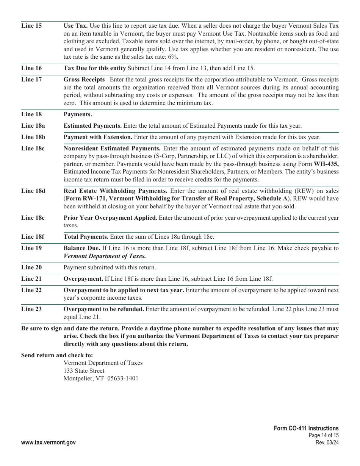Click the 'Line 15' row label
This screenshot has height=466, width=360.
[x=31, y=26]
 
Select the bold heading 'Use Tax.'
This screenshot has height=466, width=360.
[x=75, y=26]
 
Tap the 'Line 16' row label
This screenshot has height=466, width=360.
[x=31, y=68]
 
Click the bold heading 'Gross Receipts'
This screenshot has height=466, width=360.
[x=84, y=80]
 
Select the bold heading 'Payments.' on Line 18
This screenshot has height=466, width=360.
[x=78, y=114]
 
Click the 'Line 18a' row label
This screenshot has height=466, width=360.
[x=33, y=126]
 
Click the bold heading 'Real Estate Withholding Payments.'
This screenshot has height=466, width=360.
[x=115, y=191]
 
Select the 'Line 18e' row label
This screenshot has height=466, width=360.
[x=33, y=218]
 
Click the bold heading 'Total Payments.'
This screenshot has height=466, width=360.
[x=86, y=237]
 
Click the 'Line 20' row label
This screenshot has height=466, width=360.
[x=31, y=267]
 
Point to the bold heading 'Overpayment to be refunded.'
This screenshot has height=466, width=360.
[x=103, y=309]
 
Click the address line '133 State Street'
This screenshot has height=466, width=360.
[x=84, y=371]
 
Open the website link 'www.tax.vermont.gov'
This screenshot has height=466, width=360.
[x=49, y=443]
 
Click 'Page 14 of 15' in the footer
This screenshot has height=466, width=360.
[x=324, y=435]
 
